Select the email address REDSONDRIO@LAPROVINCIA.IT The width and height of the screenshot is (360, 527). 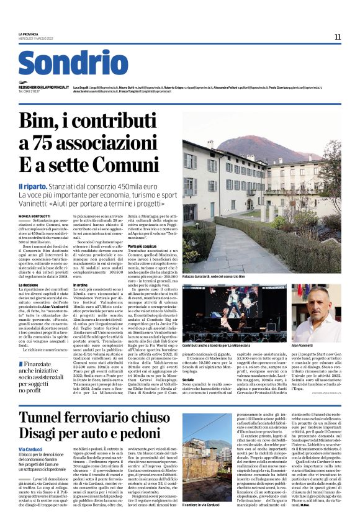click(x=44, y=88)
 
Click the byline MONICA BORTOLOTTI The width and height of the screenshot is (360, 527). click(x=35, y=216)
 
